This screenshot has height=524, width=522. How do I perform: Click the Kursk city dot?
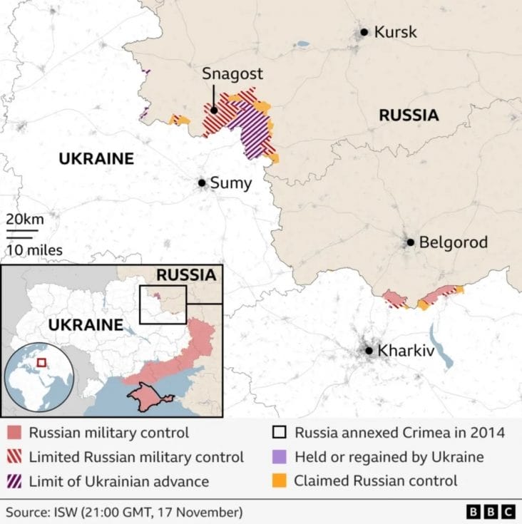(x=364, y=32)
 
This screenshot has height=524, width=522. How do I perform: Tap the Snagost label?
(x=232, y=73)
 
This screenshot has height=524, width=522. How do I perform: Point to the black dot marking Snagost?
(x=213, y=111)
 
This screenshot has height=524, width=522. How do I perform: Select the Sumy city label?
(x=232, y=183)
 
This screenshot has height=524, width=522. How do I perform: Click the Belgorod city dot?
(x=411, y=242)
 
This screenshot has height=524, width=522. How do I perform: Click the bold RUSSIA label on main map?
(x=408, y=115)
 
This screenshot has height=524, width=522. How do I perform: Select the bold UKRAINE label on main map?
(x=96, y=158)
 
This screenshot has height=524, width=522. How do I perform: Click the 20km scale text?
(x=25, y=218)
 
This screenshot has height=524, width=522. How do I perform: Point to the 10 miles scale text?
(x=35, y=250)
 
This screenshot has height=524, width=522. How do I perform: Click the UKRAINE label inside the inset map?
(x=86, y=325)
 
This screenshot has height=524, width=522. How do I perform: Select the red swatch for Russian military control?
(x=14, y=433)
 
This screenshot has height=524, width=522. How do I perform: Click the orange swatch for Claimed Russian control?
(x=281, y=480)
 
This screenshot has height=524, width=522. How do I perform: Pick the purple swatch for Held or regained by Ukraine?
(x=281, y=457)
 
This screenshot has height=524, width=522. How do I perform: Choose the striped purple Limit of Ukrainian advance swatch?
(x=14, y=481)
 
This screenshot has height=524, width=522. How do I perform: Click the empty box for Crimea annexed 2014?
(x=281, y=433)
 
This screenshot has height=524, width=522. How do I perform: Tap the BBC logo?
(x=491, y=512)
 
